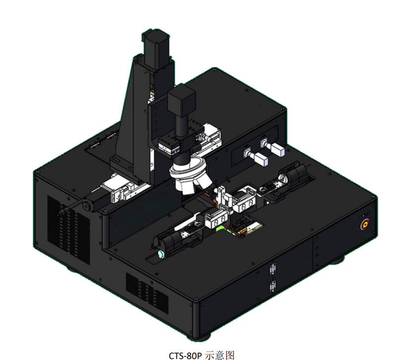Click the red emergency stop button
pyautogui.click(x=365, y=225)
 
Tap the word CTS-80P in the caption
pyautogui.click(x=185, y=355)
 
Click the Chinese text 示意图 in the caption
pyautogui.click(x=220, y=355)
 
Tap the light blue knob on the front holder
pyautogui.click(x=161, y=254)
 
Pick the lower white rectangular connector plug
pyautogui.click(x=261, y=159)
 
